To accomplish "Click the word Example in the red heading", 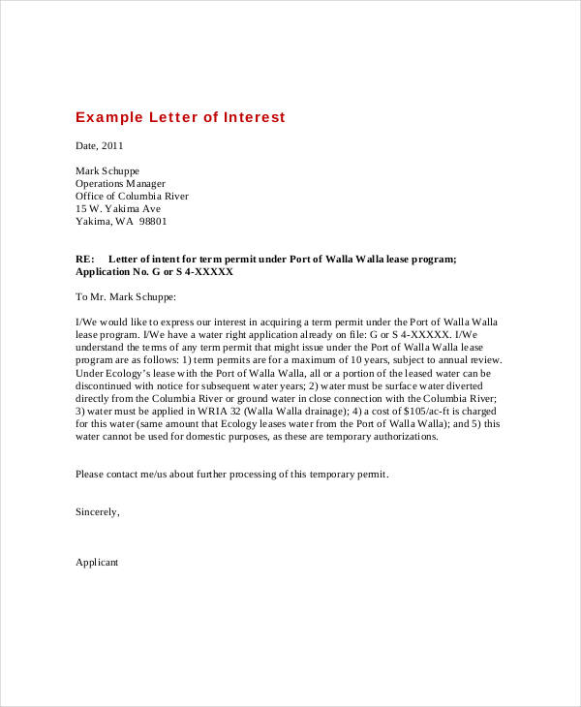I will (x=107, y=117).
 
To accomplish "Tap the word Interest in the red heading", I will (x=255, y=117).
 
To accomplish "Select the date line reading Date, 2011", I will (x=100, y=145).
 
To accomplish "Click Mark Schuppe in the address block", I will (x=107, y=170).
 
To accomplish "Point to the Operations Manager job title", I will (x=120, y=183).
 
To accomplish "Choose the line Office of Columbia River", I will (x=132, y=196).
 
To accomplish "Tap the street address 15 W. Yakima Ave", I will (x=118, y=208).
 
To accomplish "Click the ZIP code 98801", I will (x=152, y=221).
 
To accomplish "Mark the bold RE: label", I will (x=85, y=260).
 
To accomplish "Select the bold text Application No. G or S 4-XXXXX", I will (x=154, y=272).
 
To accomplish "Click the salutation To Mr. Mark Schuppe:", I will (x=126, y=297).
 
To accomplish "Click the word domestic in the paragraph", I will (x=205, y=436).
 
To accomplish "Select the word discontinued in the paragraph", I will (x=106, y=385).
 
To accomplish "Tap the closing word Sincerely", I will (x=97, y=511).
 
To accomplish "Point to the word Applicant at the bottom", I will (x=97, y=562).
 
